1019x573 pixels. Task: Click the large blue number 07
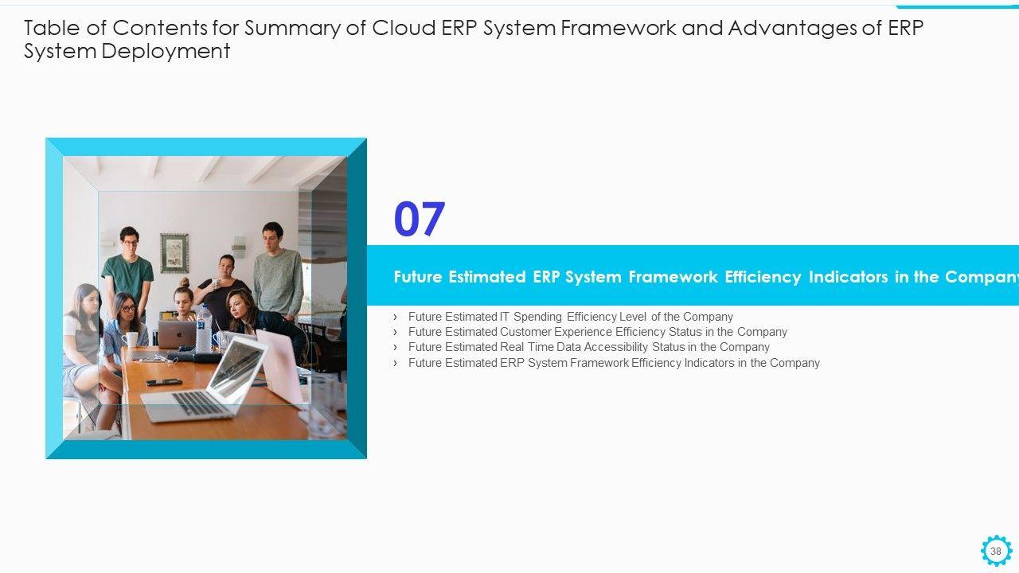(419, 219)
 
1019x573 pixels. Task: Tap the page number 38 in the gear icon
(996, 552)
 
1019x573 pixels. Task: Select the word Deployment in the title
(166, 52)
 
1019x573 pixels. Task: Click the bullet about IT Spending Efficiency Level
(571, 317)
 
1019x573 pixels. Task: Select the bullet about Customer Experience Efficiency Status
(597, 332)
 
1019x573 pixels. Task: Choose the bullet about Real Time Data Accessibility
(588, 347)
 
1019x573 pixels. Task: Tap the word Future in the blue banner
(418, 276)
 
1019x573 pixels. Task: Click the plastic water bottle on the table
(204, 329)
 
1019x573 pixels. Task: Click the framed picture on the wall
(174, 253)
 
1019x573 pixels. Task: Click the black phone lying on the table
(164, 382)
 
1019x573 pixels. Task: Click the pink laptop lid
(279, 364)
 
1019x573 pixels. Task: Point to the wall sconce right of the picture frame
(238, 247)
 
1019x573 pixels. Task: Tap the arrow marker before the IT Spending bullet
(395, 317)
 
